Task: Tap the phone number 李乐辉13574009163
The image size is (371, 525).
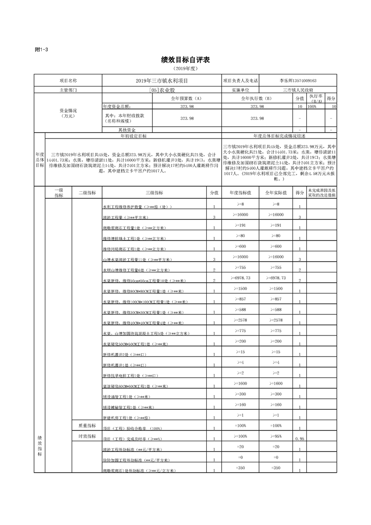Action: click(298, 80)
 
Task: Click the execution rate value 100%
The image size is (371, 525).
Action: click(312, 107)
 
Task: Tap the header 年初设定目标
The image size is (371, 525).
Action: click(133, 136)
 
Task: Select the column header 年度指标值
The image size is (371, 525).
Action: click(240, 192)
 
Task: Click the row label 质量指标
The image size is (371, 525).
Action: click(87, 425)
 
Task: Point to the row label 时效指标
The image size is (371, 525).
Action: click(87, 436)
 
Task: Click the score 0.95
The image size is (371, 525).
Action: click(300, 439)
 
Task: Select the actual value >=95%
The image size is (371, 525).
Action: click(276, 436)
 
